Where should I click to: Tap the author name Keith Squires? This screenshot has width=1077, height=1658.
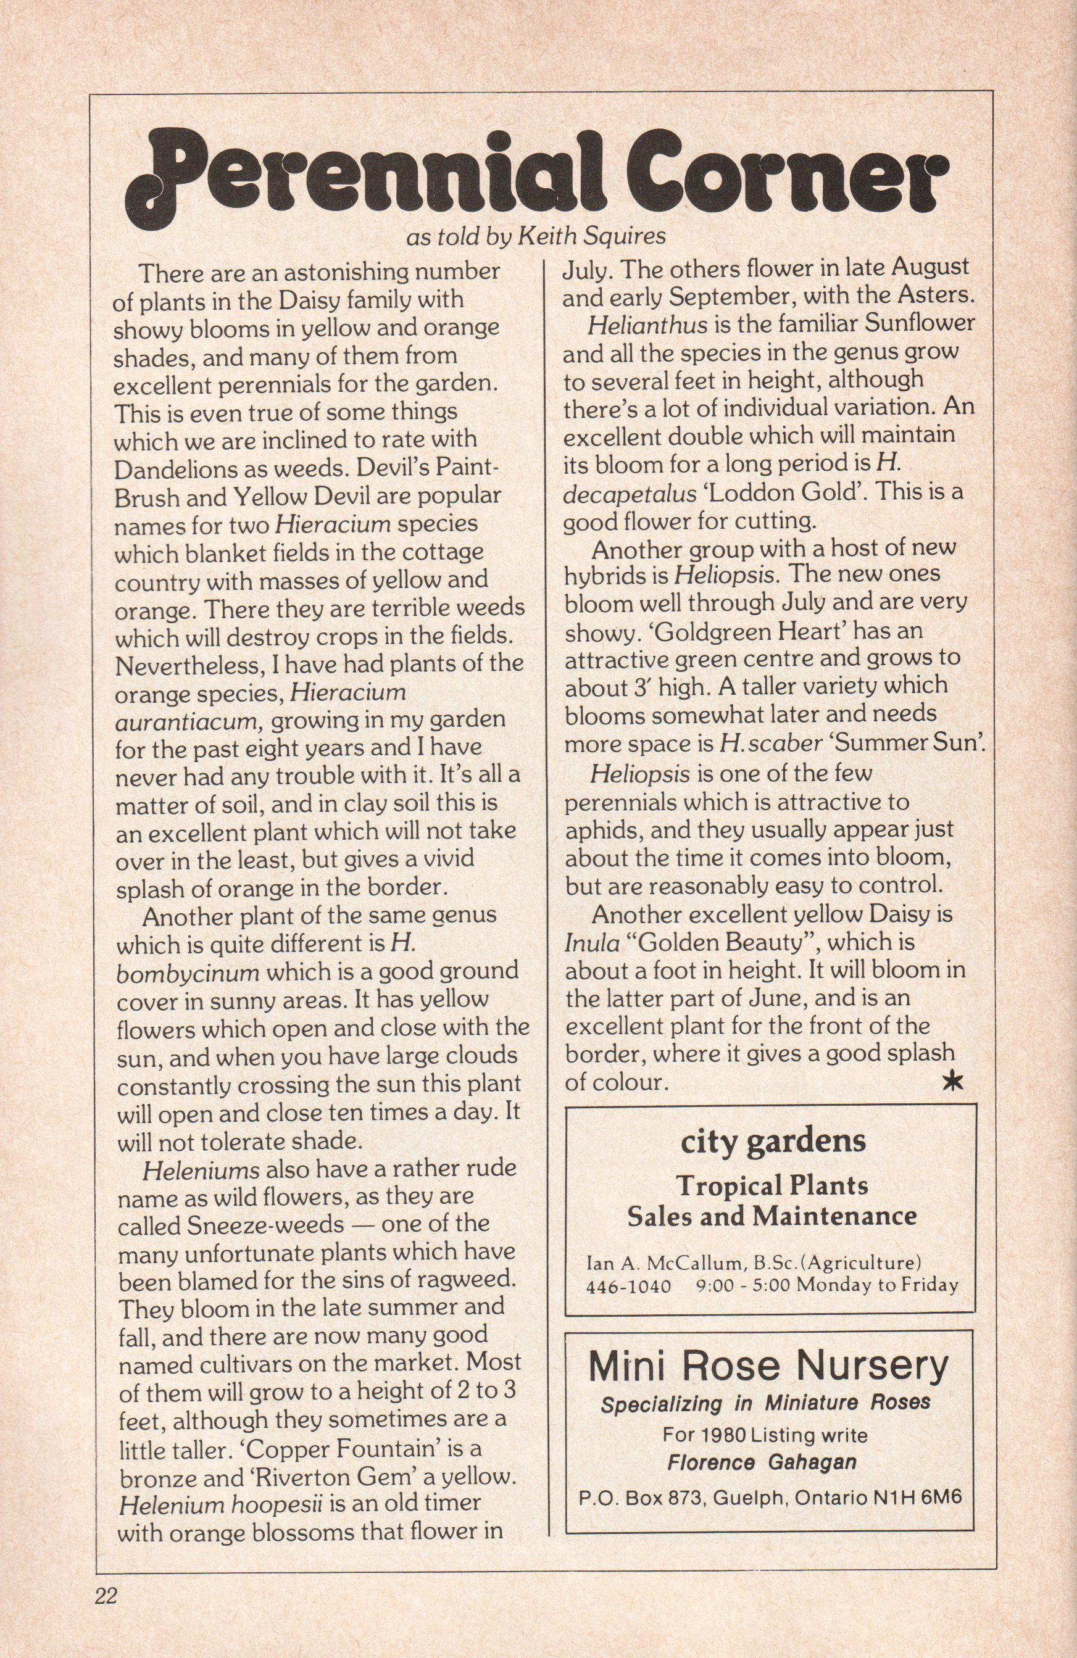(x=592, y=237)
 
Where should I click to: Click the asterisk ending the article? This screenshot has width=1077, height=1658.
(x=952, y=1081)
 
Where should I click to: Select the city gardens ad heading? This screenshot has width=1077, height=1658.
(x=773, y=1140)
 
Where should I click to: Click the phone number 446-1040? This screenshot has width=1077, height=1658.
(x=629, y=1286)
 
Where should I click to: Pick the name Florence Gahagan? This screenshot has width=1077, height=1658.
(x=762, y=1462)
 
